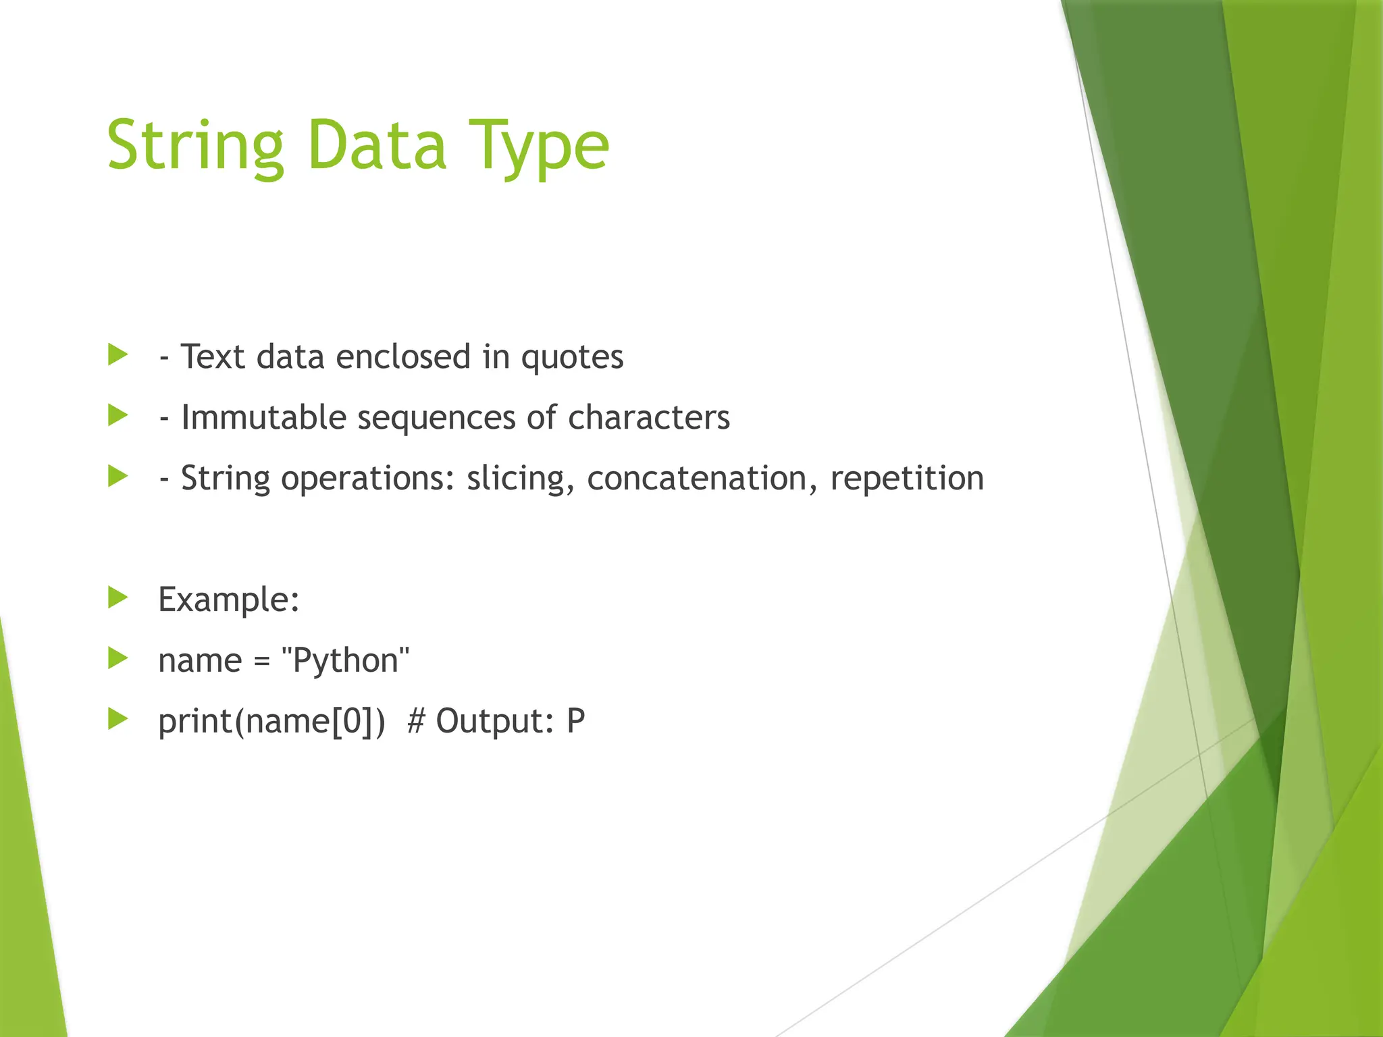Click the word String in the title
(195, 146)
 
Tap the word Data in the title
(376, 146)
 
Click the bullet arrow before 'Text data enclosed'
(118, 354)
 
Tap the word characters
(649, 417)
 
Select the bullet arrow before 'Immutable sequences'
(118, 415)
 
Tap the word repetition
(907, 479)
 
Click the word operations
(367, 479)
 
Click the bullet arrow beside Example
(118, 597)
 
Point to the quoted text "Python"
(345, 660)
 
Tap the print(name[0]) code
(271, 721)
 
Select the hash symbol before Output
(416, 721)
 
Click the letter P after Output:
(575, 721)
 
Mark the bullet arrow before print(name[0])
(118, 719)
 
